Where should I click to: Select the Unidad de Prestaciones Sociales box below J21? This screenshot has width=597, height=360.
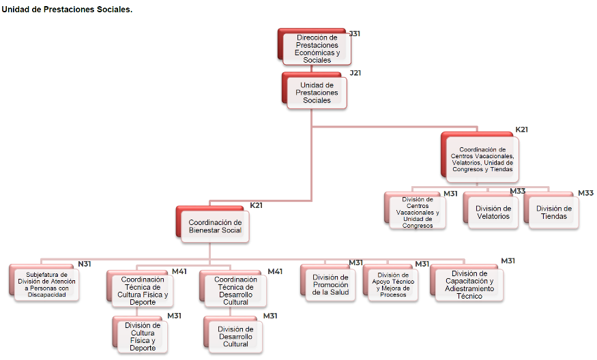click(317, 92)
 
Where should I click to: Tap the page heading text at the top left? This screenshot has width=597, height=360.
click(67, 9)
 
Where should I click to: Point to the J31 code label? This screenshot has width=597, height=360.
click(355, 33)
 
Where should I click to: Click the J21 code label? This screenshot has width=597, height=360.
click(355, 73)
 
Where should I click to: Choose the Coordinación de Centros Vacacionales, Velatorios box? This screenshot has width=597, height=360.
click(482, 159)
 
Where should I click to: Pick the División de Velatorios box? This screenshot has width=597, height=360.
click(493, 212)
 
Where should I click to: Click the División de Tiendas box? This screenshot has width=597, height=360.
click(553, 212)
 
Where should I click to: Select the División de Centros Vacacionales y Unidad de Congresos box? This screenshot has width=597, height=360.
click(417, 212)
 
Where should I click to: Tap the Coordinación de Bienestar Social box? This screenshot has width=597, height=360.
click(215, 226)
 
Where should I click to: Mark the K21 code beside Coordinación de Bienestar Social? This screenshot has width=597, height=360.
click(256, 205)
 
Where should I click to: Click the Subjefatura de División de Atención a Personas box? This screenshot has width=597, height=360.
click(47, 284)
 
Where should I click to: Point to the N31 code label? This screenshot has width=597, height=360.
click(85, 264)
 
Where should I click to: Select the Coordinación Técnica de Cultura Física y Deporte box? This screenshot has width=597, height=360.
click(142, 291)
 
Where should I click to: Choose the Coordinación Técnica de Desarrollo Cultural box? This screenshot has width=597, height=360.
click(235, 291)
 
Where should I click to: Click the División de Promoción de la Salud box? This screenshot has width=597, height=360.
click(330, 284)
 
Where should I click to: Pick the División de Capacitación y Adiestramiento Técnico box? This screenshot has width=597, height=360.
click(469, 284)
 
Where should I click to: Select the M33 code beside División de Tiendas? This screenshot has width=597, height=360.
click(585, 193)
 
